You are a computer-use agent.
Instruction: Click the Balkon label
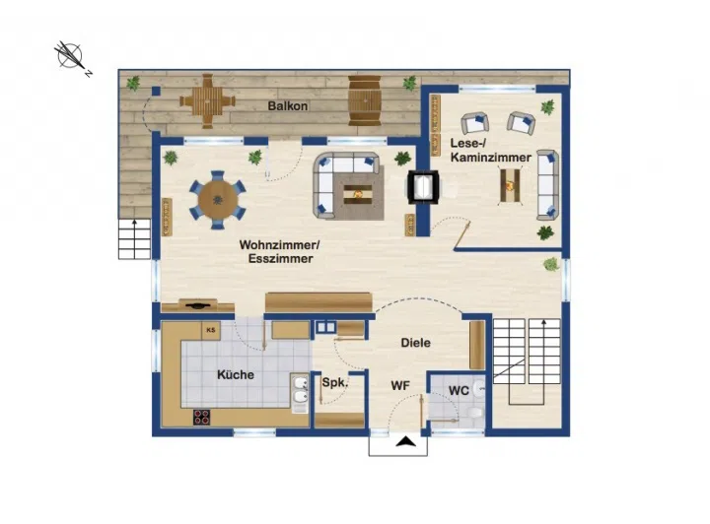tap(288, 106)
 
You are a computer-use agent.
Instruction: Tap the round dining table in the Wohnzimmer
tap(218, 200)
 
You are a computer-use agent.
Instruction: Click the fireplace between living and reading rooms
tap(423, 187)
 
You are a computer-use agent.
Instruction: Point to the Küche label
tap(236, 375)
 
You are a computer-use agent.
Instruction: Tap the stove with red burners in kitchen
tap(202, 417)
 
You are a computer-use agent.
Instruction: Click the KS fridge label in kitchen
tap(211, 330)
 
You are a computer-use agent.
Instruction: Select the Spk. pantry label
tap(335, 382)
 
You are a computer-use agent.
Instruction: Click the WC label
tap(459, 390)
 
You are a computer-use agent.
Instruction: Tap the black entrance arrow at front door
tap(405, 441)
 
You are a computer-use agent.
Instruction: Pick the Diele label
tap(416, 343)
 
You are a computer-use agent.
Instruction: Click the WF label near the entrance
tap(400, 386)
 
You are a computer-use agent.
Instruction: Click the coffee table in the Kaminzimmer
tap(510, 185)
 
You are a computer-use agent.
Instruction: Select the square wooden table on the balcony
tap(207, 101)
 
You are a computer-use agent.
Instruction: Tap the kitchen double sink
tap(300, 391)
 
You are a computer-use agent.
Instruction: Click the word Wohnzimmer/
tap(279, 245)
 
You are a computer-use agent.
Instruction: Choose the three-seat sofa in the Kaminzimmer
tap(548, 185)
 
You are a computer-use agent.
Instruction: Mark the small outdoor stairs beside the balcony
tap(134, 238)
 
